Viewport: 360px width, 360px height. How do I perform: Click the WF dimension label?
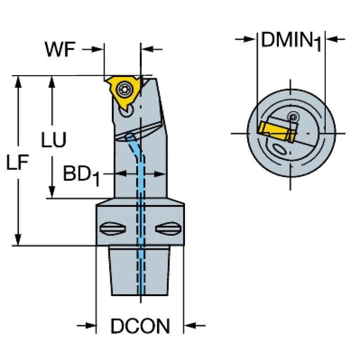click(x=60, y=49)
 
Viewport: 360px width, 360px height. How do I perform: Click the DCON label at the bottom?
click(x=140, y=326)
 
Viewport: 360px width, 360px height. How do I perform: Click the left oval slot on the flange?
click(x=112, y=230)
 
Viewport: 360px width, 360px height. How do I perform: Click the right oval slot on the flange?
click(x=168, y=230)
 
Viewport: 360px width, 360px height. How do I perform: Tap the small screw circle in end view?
click(x=294, y=116)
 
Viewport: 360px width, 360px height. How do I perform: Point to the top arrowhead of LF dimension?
click(x=18, y=81)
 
